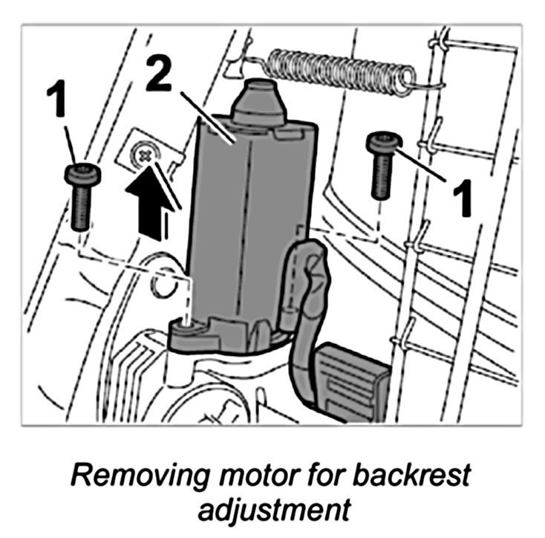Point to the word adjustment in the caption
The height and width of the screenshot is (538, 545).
pyautogui.click(x=272, y=511)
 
